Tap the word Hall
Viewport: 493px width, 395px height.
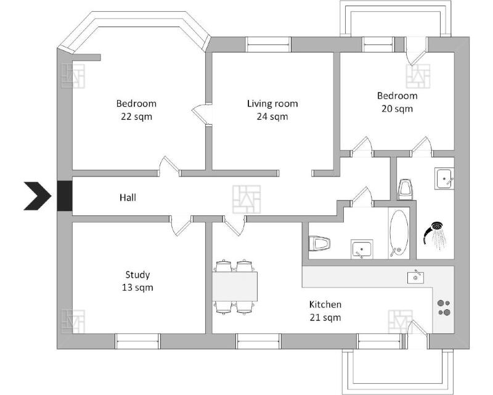coord(128,197)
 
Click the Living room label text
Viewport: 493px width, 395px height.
coord(272,104)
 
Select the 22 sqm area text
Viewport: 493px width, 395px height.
coord(136,117)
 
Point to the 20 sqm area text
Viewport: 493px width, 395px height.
coord(397,109)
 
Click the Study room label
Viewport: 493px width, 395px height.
coord(137,275)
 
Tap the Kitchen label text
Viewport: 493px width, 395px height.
coord(325,305)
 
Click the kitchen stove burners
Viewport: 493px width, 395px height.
coord(444,308)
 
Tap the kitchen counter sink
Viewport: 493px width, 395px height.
coord(415,277)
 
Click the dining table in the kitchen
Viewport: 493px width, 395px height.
coord(235,286)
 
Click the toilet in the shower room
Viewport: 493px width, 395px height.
coord(405,189)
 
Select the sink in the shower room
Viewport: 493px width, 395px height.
coord(444,178)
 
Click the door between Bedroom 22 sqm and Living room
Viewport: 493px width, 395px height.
coord(202,115)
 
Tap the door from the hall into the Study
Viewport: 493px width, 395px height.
coord(181,225)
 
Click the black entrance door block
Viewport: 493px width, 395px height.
coord(65,196)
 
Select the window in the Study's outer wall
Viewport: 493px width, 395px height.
coord(137,341)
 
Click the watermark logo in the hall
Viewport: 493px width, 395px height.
coord(246,199)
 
